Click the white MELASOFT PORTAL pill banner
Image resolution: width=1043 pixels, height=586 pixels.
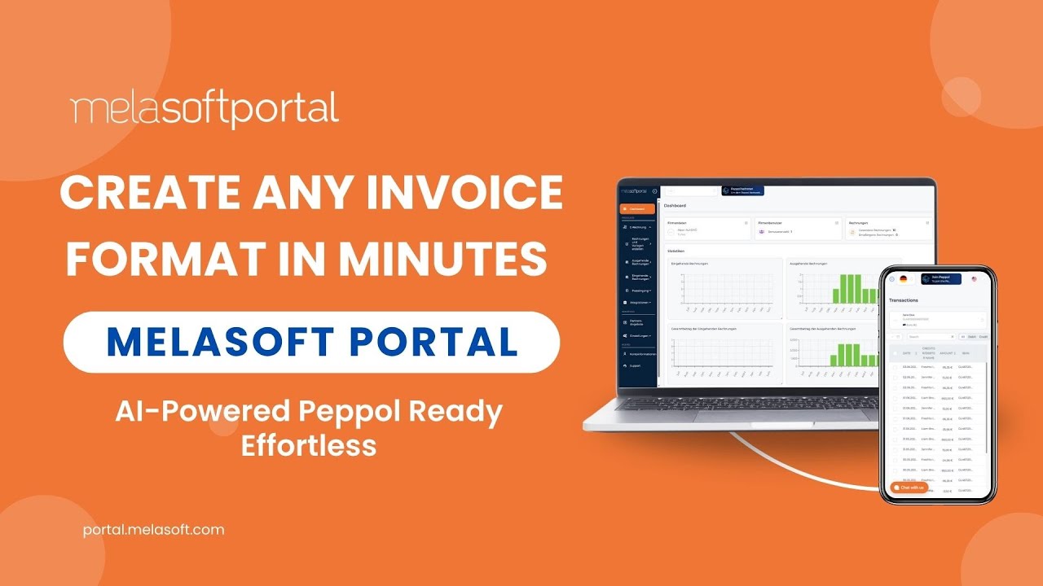point(311,342)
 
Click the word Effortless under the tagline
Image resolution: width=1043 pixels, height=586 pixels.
point(309,445)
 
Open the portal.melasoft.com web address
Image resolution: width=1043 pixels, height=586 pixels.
point(153,530)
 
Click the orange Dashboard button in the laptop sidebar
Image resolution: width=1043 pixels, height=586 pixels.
point(637,209)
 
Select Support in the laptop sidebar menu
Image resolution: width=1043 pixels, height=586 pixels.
point(635,365)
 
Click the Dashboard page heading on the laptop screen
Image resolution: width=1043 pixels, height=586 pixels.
point(676,206)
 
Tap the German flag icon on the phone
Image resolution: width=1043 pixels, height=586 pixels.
point(903,279)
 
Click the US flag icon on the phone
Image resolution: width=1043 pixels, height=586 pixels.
point(975,279)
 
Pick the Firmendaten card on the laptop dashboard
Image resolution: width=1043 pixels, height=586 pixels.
point(708,229)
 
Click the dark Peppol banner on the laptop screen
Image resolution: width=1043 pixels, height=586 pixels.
point(742,190)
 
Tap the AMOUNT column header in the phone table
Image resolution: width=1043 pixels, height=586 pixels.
point(948,353)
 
